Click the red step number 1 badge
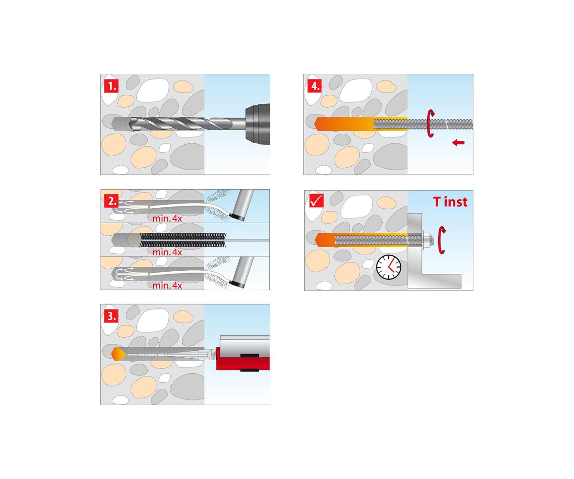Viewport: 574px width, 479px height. [111, 86]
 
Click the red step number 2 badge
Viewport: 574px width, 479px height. [111, 201]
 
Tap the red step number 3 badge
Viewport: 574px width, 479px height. [111, 316]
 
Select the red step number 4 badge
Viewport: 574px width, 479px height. [314, 86]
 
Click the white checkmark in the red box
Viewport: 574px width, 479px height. [317, 200]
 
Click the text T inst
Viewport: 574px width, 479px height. [450, 202]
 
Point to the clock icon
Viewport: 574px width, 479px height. [389, 267]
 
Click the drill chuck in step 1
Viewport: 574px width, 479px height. [258, 124]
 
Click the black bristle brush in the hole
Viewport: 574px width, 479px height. [183, 240]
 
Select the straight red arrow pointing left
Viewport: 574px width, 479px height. [458, 142]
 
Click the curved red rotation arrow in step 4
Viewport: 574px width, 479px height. [430, 123]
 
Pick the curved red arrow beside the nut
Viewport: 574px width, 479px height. [442, 240]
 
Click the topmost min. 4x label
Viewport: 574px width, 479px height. [167, 218]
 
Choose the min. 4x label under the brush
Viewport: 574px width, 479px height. [167, 252]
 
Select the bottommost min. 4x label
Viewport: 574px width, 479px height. [167, 285]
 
